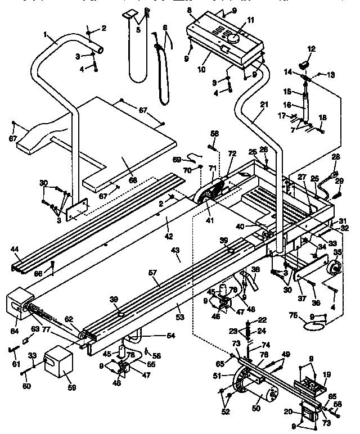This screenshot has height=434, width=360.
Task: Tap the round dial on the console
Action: coord(232,38)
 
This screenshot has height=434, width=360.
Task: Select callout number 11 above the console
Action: coord(251,20)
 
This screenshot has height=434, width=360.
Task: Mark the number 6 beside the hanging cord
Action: coord(165,27)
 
